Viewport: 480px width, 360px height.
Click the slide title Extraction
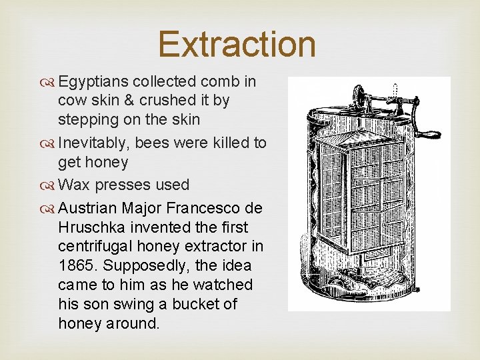(x=237, y=44)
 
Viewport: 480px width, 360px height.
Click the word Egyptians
(x=93, y=82)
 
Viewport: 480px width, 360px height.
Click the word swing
(x=129, y=304)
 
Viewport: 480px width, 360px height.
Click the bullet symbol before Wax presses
(x=50, y=185)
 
